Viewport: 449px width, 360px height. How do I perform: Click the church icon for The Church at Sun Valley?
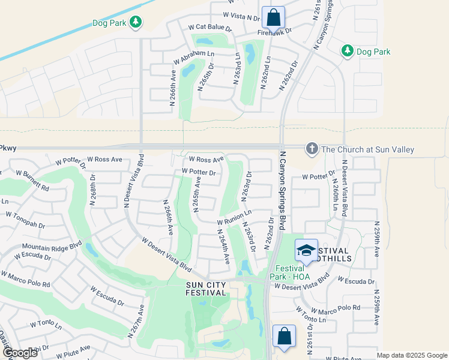(312, 148)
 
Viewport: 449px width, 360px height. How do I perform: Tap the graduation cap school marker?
(306, 251)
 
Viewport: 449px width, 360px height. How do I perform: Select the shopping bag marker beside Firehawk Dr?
(274, 17)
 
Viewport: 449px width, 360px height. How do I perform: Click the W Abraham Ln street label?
(193, 57)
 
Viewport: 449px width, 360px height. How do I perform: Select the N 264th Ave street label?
(223, 246)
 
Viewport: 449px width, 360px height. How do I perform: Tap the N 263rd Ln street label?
(238, 68)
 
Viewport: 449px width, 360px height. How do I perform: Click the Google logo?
(19, 353)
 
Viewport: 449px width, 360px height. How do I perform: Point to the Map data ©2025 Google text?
(411, 355)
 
